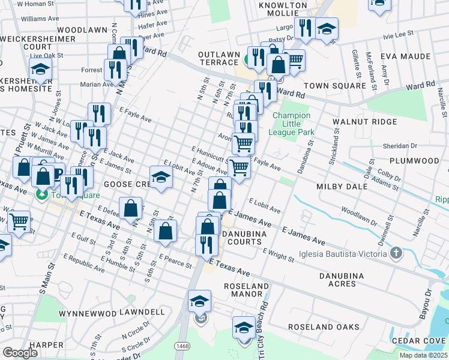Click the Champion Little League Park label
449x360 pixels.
(292, 123)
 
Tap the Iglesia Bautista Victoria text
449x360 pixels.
(348, 254)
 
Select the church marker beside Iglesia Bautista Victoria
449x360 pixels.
(396, 253)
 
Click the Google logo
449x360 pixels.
(20, 352)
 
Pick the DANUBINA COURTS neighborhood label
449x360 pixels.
(241, 237)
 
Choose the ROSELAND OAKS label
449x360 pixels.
(324, 327)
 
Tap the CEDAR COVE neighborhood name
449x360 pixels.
(419, 341)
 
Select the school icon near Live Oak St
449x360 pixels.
(40, 70)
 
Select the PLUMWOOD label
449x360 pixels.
(414, 161)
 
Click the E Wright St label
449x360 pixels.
(278, 256)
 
